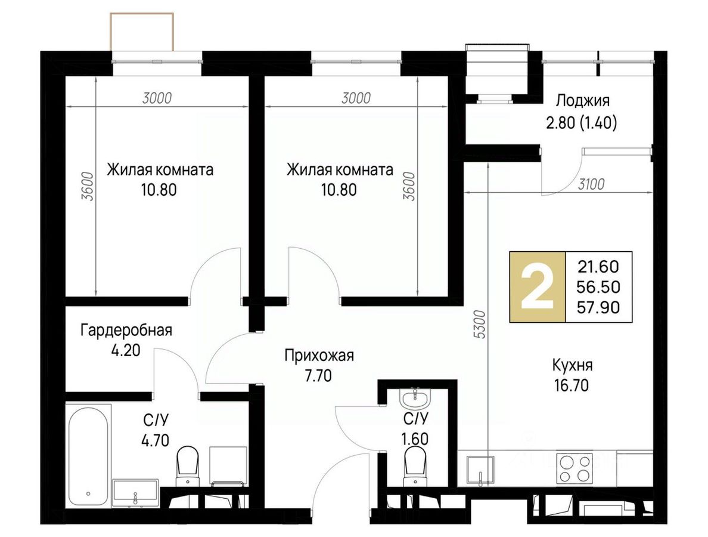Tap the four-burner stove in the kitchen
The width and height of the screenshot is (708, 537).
(x=575, y=468)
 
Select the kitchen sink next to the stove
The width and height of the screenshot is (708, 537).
(x=480, y=470)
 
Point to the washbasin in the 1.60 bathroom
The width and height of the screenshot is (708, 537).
(x=415, y=397)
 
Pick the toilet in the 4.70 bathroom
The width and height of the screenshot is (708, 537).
(x=187, y=465)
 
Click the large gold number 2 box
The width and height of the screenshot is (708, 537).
(x=538, y=286)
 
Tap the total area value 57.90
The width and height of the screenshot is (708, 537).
(x=598, y=307)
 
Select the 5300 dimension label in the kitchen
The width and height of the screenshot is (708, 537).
(x=480, y=325)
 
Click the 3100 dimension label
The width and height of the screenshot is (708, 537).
(x=591, y=184)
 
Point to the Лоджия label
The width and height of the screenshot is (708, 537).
(x=582, y=100)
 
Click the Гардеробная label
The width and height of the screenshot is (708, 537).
(x=126, y=331)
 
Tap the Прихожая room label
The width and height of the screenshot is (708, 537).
(x=319, y=356)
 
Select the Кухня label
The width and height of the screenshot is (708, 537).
(x=572, y=365)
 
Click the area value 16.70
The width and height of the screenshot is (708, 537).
(x=571, y=385)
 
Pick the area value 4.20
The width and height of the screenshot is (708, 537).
(x=126, y=350)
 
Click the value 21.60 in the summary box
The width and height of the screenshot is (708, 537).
(x=598, y=267)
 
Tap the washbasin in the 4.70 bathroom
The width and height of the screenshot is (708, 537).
(x=135, y=492)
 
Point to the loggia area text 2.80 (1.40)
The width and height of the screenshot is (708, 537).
(x=582, y=122)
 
